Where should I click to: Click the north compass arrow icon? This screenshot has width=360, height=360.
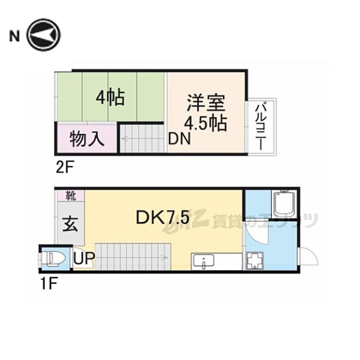[x=44, y=35]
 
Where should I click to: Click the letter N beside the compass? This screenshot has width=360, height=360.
[x=14, y=36]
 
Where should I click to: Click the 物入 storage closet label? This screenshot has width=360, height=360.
[x=87, y=138]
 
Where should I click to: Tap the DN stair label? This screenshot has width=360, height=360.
[x=180, y=139]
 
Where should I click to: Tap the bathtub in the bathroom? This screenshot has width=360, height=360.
[x=283, y=204]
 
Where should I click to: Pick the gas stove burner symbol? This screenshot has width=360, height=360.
[x=254, y=261]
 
